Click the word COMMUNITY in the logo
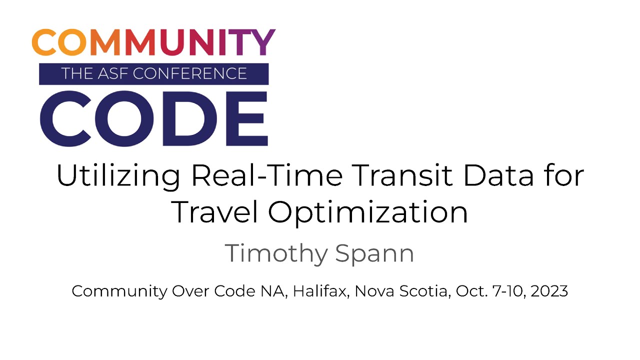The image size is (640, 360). pos(153,43)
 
